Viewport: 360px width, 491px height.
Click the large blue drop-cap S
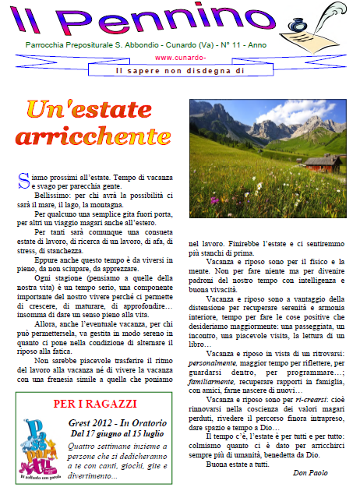(22, 179)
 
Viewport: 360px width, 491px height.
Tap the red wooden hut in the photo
(322, 163)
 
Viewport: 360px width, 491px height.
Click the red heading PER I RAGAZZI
(95, 404)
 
